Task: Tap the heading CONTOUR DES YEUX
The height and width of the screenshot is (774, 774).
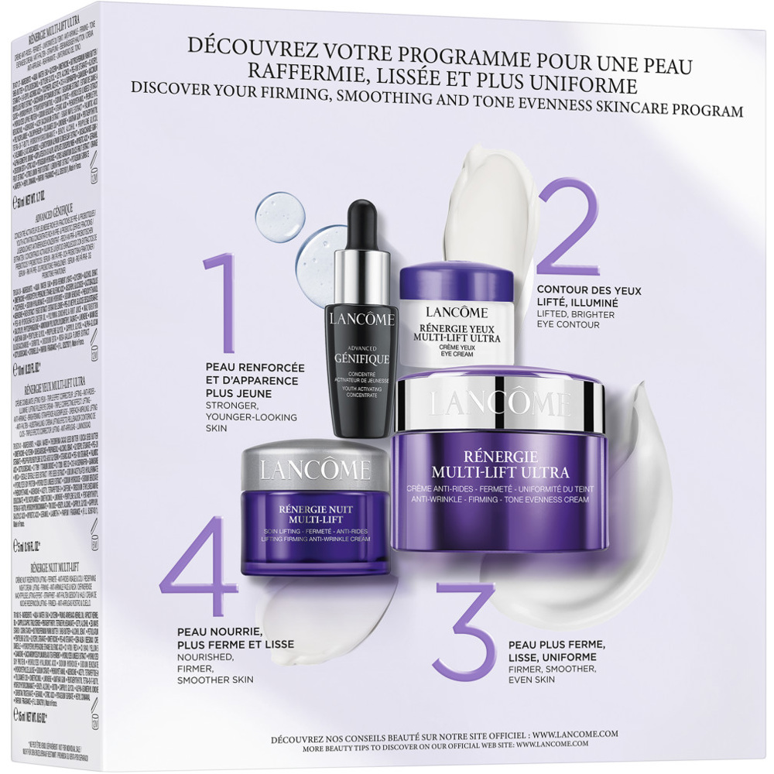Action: [x=588, y=290]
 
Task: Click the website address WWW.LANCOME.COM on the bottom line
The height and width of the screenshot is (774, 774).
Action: [x=562, y=740]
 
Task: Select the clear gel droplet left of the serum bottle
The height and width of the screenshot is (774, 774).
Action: [x=279, y=214]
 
